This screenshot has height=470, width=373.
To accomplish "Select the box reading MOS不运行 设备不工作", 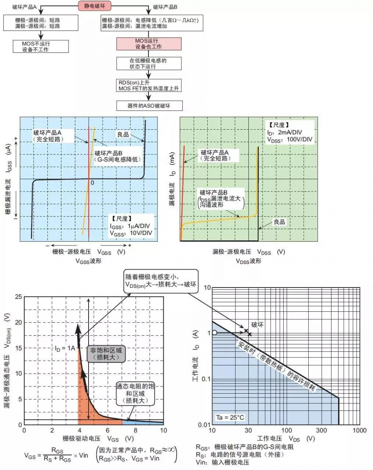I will coord(40,46).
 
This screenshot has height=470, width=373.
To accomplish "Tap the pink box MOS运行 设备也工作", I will coord(149,43).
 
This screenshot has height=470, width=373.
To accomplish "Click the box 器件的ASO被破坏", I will coord(149,105).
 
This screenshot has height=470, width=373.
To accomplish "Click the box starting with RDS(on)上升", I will coord(149,86).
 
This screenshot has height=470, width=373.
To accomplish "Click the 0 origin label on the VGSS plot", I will coord(92,183).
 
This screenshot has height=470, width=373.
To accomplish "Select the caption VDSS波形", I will coord(248,261).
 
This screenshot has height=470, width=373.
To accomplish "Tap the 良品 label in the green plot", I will coord(279,222).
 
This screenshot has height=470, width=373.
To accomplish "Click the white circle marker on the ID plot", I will coord(214,333).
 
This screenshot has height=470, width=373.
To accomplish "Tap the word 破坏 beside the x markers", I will coord(257,325).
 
